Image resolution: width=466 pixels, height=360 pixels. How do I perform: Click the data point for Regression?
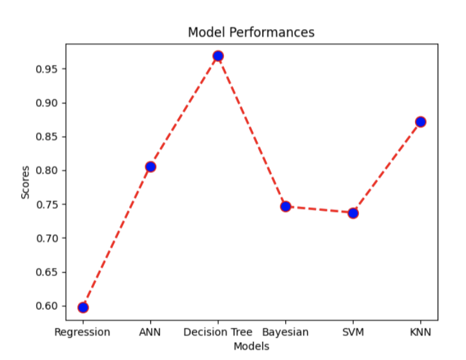(x=83, y=307)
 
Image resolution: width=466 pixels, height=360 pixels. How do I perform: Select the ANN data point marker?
(x=150, y=166)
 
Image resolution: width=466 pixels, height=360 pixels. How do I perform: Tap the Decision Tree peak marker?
(x=218, y=56)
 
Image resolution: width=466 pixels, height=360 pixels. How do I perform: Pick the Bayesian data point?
(x=285, y=206)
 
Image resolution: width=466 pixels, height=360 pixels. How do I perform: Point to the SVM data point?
(x=353, y=213)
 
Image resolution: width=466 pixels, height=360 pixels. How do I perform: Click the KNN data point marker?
(x=421, y=121)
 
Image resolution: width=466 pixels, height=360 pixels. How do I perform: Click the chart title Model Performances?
(x=251, y=32)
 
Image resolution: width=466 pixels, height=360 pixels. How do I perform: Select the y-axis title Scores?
(x=25, y=182)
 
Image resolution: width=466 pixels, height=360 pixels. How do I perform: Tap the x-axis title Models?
(x=251, y=346)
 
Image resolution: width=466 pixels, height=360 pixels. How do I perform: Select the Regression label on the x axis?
(x=82, y=332)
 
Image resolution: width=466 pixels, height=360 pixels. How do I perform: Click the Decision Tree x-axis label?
(x=218, y=332)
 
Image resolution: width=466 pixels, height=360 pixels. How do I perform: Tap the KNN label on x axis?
(x=421, y=332)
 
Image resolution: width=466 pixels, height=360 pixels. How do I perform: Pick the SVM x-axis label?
(x=353, y=332)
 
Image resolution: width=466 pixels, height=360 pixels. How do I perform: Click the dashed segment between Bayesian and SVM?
(x=319, y=210)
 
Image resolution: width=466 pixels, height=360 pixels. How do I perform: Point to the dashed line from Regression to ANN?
(x=116, y=237)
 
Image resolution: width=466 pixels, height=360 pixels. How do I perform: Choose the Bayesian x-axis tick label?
(x=285, y=332)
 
